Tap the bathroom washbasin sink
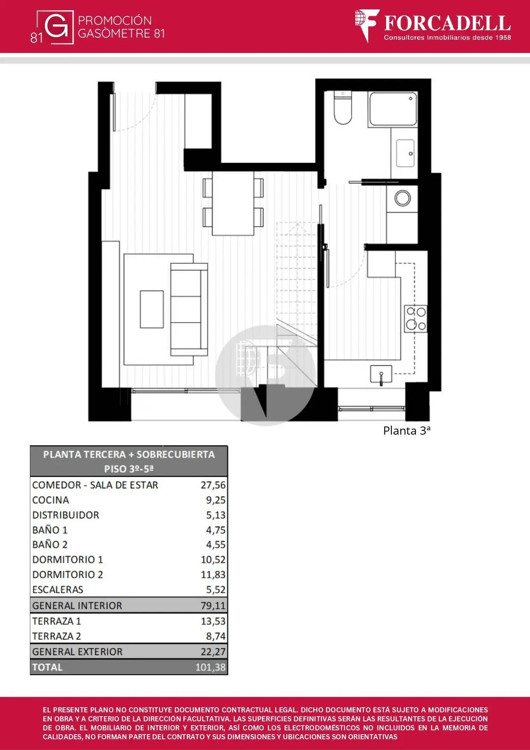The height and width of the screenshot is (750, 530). [x=405, y=153]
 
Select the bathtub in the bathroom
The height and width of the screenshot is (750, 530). [x=392, y=109]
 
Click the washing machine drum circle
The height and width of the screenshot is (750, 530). [x=402, y=198]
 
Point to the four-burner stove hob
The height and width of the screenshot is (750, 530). [x=416, y=319]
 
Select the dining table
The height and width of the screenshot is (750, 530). [x=233, y=203]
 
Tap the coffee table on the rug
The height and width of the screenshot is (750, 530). [x=152, y=309]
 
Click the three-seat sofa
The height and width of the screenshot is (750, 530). [x=189, y=309]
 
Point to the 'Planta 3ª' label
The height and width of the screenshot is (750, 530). [x=407, y=430]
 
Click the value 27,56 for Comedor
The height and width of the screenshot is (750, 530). [x=213, y=485]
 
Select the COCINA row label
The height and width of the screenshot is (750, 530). [x=50, y=500]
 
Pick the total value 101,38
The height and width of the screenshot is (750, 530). [x=210, y=667]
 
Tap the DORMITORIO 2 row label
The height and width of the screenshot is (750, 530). [x=67, y=574]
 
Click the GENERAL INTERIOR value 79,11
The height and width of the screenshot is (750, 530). [x=213, y=606]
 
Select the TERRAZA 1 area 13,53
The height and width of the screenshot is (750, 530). [x=213, y=621]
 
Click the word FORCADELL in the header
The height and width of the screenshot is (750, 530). [x=447, y=23]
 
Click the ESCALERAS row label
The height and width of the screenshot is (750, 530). [x=58, y=590]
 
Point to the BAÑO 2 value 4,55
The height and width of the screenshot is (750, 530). [x=216, y=545]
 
